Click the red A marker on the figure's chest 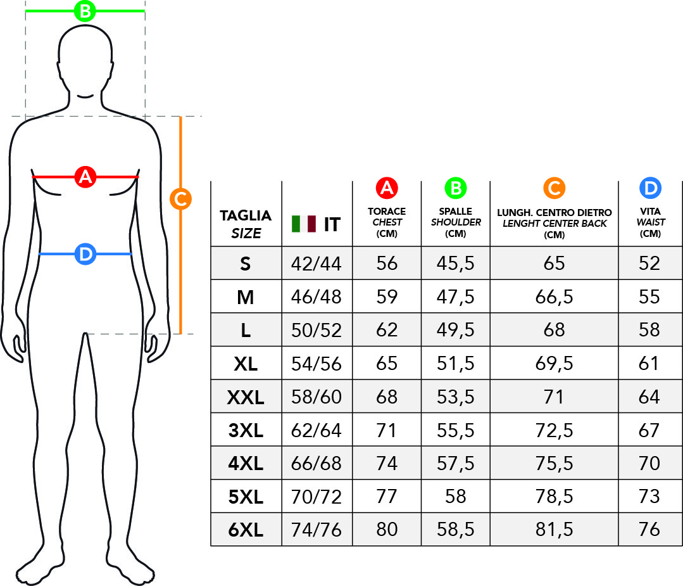[x=85, y=177]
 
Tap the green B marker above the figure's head [x=85, y=11]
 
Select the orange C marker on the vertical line [x=181, y=199]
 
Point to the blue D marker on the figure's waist [x=85, y=254]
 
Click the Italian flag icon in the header [x=304, y=224]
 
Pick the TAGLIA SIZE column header [x=246, y=224]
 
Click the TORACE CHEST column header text [x=387, y=222]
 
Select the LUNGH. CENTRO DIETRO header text [x=555, y=213]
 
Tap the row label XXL [x=246, y=397]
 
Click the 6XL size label [x=246, y=530]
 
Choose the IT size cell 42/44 [x=316, y=264]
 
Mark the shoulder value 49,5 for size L [x=456, y=330]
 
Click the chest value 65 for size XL [x=387, y=363]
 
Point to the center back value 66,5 [x=554, y=297]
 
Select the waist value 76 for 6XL [x=649, y=530]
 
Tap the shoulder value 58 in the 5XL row [x=456, y=496]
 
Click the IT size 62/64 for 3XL [x=316, y=431]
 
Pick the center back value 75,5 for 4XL [x=554, y=464]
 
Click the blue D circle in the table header [x=650, y=188]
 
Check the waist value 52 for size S [x=649, y=264]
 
